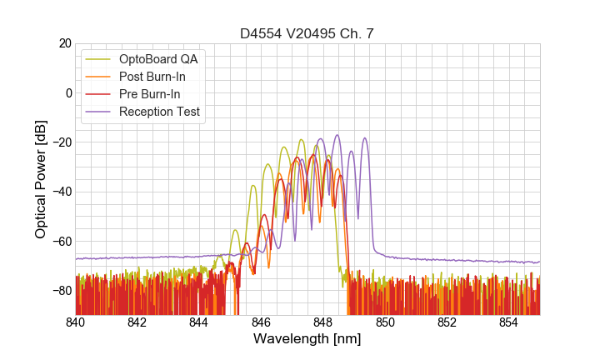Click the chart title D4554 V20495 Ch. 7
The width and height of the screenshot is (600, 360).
307,33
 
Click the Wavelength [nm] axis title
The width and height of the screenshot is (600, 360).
307,340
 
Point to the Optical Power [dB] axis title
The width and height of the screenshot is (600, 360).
41,179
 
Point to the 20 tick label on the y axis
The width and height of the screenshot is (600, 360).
64,43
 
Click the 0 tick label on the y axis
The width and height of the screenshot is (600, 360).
67,92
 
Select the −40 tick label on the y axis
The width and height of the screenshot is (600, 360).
60,192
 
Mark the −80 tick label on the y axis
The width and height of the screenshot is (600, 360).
60,291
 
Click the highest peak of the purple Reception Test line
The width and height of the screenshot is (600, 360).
337,135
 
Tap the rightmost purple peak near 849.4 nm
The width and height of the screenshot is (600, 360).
365,138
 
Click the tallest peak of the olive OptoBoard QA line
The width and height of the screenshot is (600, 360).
300,140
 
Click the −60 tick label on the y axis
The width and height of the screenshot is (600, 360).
60,242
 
